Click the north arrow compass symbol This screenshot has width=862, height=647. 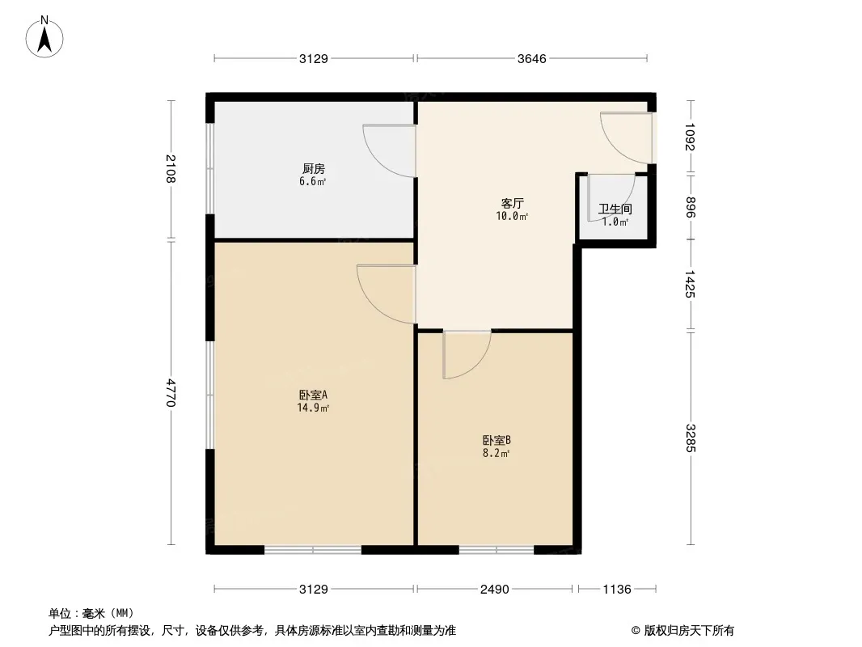[44, 37]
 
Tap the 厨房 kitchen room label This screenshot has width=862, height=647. [314, 169]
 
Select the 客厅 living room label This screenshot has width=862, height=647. [512, 203]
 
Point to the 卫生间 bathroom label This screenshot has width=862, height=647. [615, 209]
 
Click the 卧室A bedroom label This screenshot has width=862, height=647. [314, 395]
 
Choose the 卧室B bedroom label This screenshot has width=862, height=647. [497, 440]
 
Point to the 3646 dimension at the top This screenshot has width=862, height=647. [531, 58]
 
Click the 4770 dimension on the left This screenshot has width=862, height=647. [170, 392]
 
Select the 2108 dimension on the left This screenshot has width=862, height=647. [170, 169]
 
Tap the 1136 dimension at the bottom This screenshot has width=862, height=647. [617, 590]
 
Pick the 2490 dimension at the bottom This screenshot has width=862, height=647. [495, 590]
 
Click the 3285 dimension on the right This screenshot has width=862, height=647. [690, 438]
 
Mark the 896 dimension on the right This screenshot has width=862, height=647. [690, 207]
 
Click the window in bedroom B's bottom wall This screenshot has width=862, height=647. [496, 549]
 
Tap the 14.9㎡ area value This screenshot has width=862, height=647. [314, 408]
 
